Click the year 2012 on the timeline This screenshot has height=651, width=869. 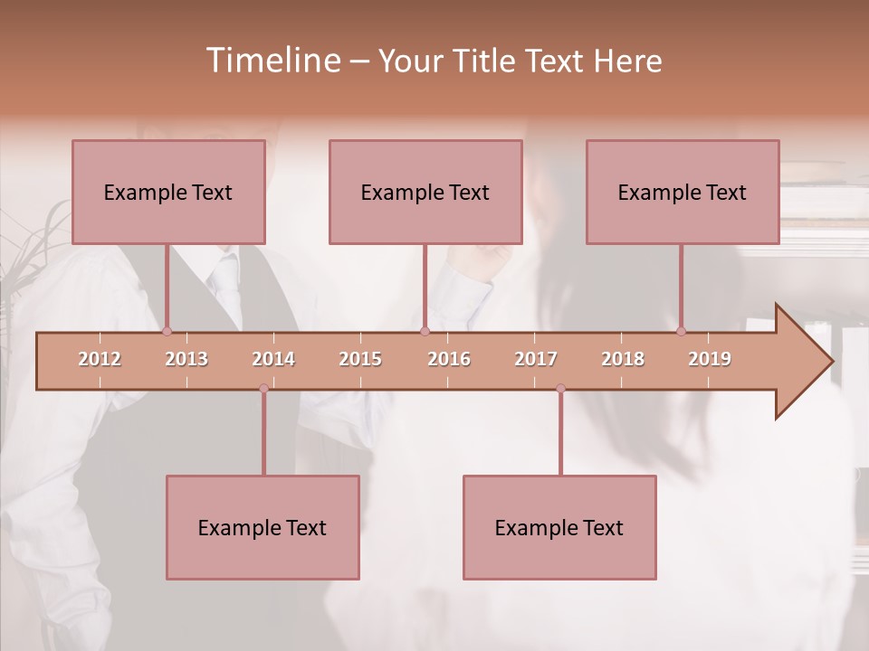point(100,359)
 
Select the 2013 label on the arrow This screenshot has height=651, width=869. point(186,359)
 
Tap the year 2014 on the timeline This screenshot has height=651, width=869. point(273,359)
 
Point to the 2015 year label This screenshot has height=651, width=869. point(360,359)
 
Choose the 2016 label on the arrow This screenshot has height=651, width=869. point(449,359)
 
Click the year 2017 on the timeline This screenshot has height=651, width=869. point(536,359)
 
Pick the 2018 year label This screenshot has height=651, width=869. point(623,359)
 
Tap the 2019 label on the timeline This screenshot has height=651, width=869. point(710,359)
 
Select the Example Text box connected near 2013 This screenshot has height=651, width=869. point(168,192)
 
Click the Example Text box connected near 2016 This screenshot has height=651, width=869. point(425,192)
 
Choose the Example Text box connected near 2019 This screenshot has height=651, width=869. point(683,192)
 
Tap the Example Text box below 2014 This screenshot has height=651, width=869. point(263,527)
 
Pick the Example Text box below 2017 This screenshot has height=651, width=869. point(559,527)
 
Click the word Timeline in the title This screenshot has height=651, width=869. point(271,61)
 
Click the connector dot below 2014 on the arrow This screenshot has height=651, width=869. point(263,389)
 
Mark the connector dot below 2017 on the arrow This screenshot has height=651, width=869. point(560,389)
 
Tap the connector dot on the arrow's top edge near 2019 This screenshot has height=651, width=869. point(682,331)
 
